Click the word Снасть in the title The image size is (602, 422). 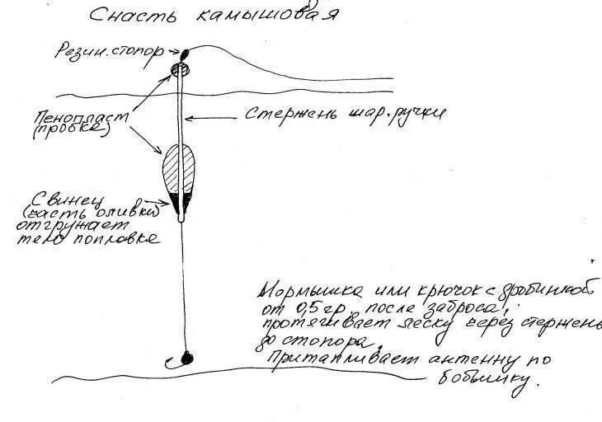pos(121,16)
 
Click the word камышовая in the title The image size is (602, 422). pos(265,16)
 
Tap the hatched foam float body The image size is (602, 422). pos(179,173)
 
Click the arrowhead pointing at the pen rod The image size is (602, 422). pos(189,116)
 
